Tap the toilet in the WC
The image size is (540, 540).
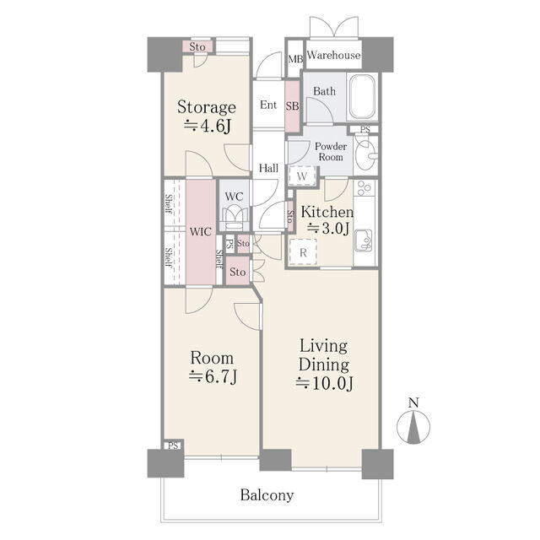235,218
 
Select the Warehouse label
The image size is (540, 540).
333,55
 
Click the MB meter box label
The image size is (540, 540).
295,59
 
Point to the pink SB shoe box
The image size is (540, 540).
292,105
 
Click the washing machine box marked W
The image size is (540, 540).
302,176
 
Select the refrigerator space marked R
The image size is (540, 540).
303,252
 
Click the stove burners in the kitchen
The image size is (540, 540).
364,188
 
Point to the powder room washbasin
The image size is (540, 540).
366,155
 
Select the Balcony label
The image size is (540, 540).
267,495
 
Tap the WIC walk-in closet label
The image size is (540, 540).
201,231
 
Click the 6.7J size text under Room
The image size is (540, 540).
213,376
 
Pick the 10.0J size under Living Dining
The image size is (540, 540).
324,383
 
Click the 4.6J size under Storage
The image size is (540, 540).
208,126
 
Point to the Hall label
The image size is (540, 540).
268,169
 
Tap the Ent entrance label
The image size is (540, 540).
268,105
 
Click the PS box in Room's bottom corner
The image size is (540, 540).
173,445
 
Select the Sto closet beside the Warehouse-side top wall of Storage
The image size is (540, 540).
197,46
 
